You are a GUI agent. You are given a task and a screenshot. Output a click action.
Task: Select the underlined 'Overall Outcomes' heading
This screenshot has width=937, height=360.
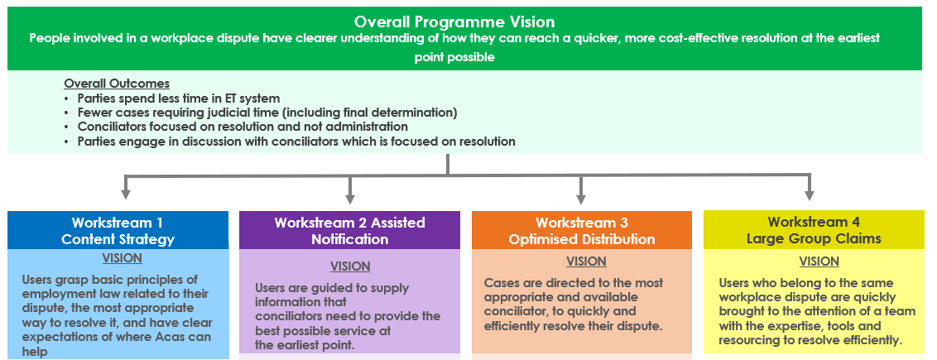117,84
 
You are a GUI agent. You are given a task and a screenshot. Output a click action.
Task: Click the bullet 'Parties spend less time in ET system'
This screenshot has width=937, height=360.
178,98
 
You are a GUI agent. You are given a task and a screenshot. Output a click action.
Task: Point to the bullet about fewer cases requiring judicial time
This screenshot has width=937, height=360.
267,113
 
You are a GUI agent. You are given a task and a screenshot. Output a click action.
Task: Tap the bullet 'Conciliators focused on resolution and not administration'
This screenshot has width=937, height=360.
242,127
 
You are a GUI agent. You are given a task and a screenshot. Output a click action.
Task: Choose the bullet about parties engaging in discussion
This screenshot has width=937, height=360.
296,142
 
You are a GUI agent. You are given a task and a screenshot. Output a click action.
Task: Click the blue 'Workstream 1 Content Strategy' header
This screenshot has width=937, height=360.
118,231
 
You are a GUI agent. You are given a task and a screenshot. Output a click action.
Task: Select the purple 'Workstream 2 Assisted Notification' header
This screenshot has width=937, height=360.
349,231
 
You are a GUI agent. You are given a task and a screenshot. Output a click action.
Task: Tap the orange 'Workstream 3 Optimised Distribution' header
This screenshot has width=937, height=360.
581,231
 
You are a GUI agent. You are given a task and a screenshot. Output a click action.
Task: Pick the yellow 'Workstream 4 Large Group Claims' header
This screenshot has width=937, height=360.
813,231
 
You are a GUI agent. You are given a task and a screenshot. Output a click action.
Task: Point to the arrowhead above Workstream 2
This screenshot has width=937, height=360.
350,196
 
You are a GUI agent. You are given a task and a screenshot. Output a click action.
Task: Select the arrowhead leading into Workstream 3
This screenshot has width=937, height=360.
580,196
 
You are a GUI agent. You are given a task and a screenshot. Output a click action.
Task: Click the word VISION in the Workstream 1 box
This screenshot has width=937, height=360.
122,258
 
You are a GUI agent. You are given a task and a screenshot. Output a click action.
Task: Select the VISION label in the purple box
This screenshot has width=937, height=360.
350,266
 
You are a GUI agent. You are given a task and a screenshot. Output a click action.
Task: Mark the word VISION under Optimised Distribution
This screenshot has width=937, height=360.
587,262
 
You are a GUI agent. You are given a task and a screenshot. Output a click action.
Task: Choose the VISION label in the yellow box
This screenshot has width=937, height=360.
819,262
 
